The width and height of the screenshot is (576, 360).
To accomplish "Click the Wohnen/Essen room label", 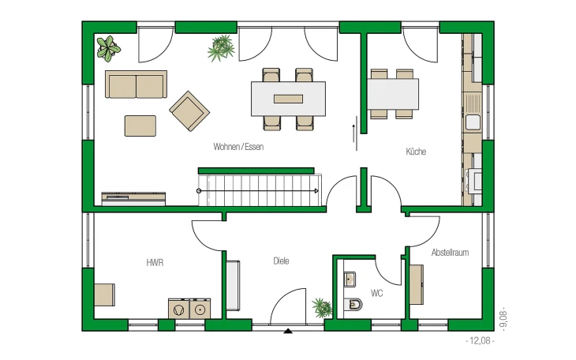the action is [x=238, y=147].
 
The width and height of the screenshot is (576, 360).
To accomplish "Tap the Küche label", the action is [x=416, y=152].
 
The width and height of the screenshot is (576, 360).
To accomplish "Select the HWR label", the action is [x=155, y=263].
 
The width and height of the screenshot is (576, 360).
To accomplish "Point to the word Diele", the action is [x=281, y=261].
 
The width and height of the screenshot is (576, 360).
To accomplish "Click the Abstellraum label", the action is [x=450, y=253].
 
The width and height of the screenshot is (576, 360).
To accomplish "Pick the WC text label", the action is [x=376, y=293].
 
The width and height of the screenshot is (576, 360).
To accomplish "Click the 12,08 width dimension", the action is [x=480, y=341].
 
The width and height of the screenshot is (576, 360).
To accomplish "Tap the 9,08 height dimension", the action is [x=504, y=319].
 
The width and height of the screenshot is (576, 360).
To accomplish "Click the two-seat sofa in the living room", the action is [x=136, y=84].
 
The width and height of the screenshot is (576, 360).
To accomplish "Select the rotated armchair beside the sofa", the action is [x=189, y=111].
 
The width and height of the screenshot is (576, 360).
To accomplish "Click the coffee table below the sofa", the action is [x=140, y=126].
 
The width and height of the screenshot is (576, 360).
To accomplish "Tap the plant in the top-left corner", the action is [x=108, y=48].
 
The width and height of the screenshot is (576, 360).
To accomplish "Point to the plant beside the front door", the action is [x=322, y=307].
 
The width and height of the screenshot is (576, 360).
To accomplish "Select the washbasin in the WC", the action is [x=350, y=279].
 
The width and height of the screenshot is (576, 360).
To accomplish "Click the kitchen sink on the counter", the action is [x=473, y=122].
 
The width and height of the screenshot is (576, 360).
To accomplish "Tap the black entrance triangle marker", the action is [x=288, y=331].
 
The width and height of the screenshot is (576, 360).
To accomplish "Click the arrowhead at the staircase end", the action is [x=316, y=191].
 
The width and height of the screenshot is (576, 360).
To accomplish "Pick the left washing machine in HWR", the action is [x=179, y=309].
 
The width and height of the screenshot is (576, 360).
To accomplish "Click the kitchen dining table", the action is [x=393, y=94].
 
